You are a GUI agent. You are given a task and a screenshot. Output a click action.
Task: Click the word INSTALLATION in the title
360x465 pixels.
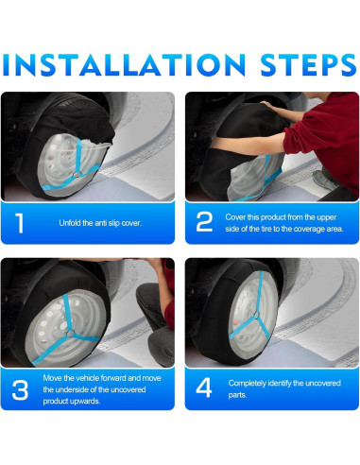point(124,65)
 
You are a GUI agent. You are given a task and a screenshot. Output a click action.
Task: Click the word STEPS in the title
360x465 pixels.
point(308,65)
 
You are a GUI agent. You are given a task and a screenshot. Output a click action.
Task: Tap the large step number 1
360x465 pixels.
point(20,223)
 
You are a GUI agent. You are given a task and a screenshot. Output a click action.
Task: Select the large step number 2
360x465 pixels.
point(204,222)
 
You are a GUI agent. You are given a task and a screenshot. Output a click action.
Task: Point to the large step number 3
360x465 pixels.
point(20,390)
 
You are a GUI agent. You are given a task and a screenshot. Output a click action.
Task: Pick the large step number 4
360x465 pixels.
point(204,387)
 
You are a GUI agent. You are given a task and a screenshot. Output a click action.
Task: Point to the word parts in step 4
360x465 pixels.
point(237,395)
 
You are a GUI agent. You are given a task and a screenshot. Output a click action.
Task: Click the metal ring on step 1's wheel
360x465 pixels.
point(77,175)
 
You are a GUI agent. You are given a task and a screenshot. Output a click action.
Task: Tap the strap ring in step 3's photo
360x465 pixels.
point(70,334)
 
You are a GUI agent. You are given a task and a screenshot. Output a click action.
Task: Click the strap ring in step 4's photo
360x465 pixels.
point(256,315)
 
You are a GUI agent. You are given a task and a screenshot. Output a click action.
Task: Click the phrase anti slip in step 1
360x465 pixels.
point(108,223)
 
